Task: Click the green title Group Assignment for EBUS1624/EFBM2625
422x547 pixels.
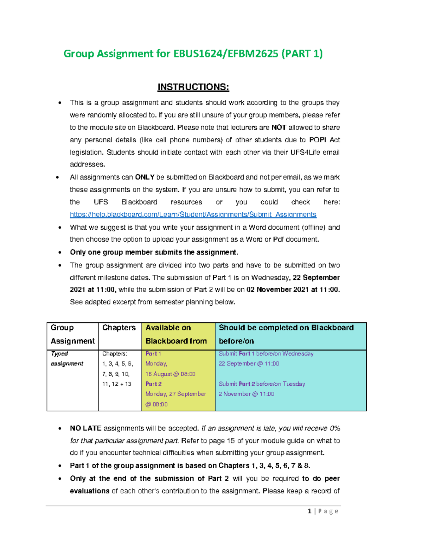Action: [193, 54]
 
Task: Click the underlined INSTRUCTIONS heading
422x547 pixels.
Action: [193, 87]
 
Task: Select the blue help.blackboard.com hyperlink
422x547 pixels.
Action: [193, 215]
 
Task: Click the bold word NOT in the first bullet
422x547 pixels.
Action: [279, 128]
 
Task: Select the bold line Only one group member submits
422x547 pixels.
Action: [154, 252]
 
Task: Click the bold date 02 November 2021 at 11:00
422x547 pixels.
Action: [293, 290]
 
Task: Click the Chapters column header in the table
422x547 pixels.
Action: [119, 328]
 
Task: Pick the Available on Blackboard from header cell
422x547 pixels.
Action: [176, 334]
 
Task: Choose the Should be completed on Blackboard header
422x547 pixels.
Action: [286, 334]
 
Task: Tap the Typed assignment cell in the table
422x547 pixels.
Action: [67, 359]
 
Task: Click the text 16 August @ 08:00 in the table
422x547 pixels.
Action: [170, 374]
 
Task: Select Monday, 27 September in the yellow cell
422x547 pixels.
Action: [175, 394]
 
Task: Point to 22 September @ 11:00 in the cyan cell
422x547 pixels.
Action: [249, 363]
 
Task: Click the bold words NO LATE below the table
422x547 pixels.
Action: [85, 428]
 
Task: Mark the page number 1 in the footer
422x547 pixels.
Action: [309, 511]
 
